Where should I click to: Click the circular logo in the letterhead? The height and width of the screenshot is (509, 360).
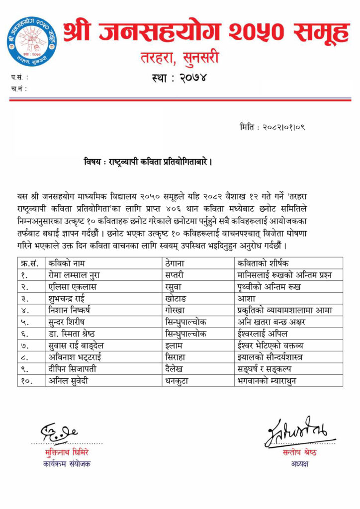tap(32, 41)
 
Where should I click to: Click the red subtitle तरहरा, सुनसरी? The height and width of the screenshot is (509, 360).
tap(180, 59)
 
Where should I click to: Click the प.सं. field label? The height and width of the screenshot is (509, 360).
tap(19, 78)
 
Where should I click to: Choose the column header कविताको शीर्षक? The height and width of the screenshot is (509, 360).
tap(263, 263)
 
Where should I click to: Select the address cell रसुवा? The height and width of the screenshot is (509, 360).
tap(175, 287)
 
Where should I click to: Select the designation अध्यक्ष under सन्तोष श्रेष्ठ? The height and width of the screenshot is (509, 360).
tap(300, 464)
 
